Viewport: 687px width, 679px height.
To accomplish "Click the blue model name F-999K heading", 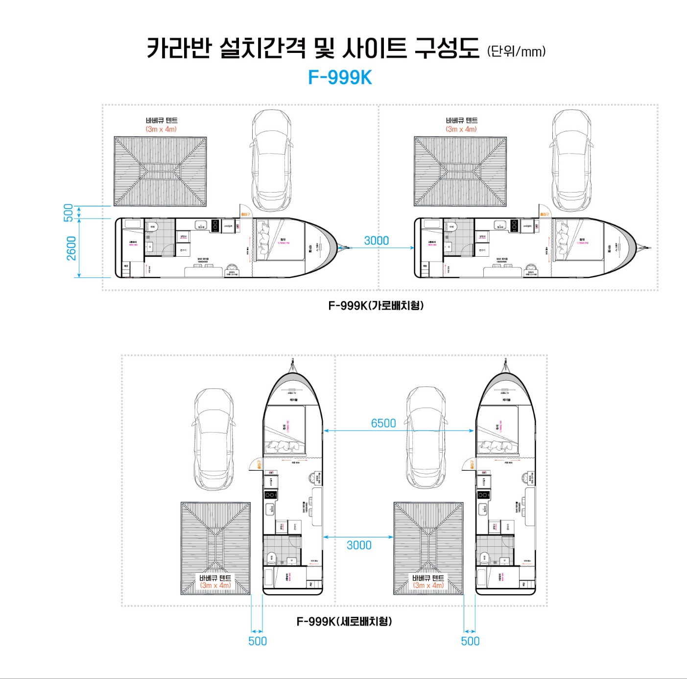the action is pyautogui.click(x=340, y=77).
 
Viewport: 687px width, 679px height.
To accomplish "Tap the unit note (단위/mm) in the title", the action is pyautogui.click(x=516, y=51).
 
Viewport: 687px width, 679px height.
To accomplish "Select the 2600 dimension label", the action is pyautogui.click(x=71, y=248).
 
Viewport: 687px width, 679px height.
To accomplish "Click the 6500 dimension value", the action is pyautogui.click(x=383, y=423).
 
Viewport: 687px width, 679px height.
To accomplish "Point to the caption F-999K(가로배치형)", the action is pyautogui.click(x=376, y=306).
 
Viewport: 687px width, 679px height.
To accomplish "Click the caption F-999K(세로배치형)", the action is pyautogui.click(x=344, y=621).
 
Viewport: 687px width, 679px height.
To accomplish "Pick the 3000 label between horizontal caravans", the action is pyautogui.click(x=376, y=241).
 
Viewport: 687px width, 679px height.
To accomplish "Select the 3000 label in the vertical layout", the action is pyautogui.click(x=359, y=545).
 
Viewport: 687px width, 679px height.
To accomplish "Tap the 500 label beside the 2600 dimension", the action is pyautogui.click(x=69, y=213).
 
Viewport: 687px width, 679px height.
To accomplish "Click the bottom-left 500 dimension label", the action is pyautogui.click(x=258, y=641).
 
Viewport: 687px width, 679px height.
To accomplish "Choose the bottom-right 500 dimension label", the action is pyautogui.click(x=470, y=641).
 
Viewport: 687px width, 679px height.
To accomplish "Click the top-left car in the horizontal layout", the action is pyautogui.click(x=271, y=160).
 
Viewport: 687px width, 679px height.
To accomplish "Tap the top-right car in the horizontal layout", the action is pyautogui.click(x=571, y=160).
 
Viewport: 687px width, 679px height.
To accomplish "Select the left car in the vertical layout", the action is pyautogui.click(x=213, y=439).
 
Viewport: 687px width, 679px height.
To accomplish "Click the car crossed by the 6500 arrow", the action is pyautogui.click(x=426, y=437).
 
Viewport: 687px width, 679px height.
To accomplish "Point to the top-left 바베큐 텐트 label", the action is pyautogui.click(x=162, y=121).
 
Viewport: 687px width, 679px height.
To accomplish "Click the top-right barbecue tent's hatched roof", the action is pyautogui.click(x=460, y=171).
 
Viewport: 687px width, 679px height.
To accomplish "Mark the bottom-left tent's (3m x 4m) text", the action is pyautogui.click(x=215, y=585).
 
